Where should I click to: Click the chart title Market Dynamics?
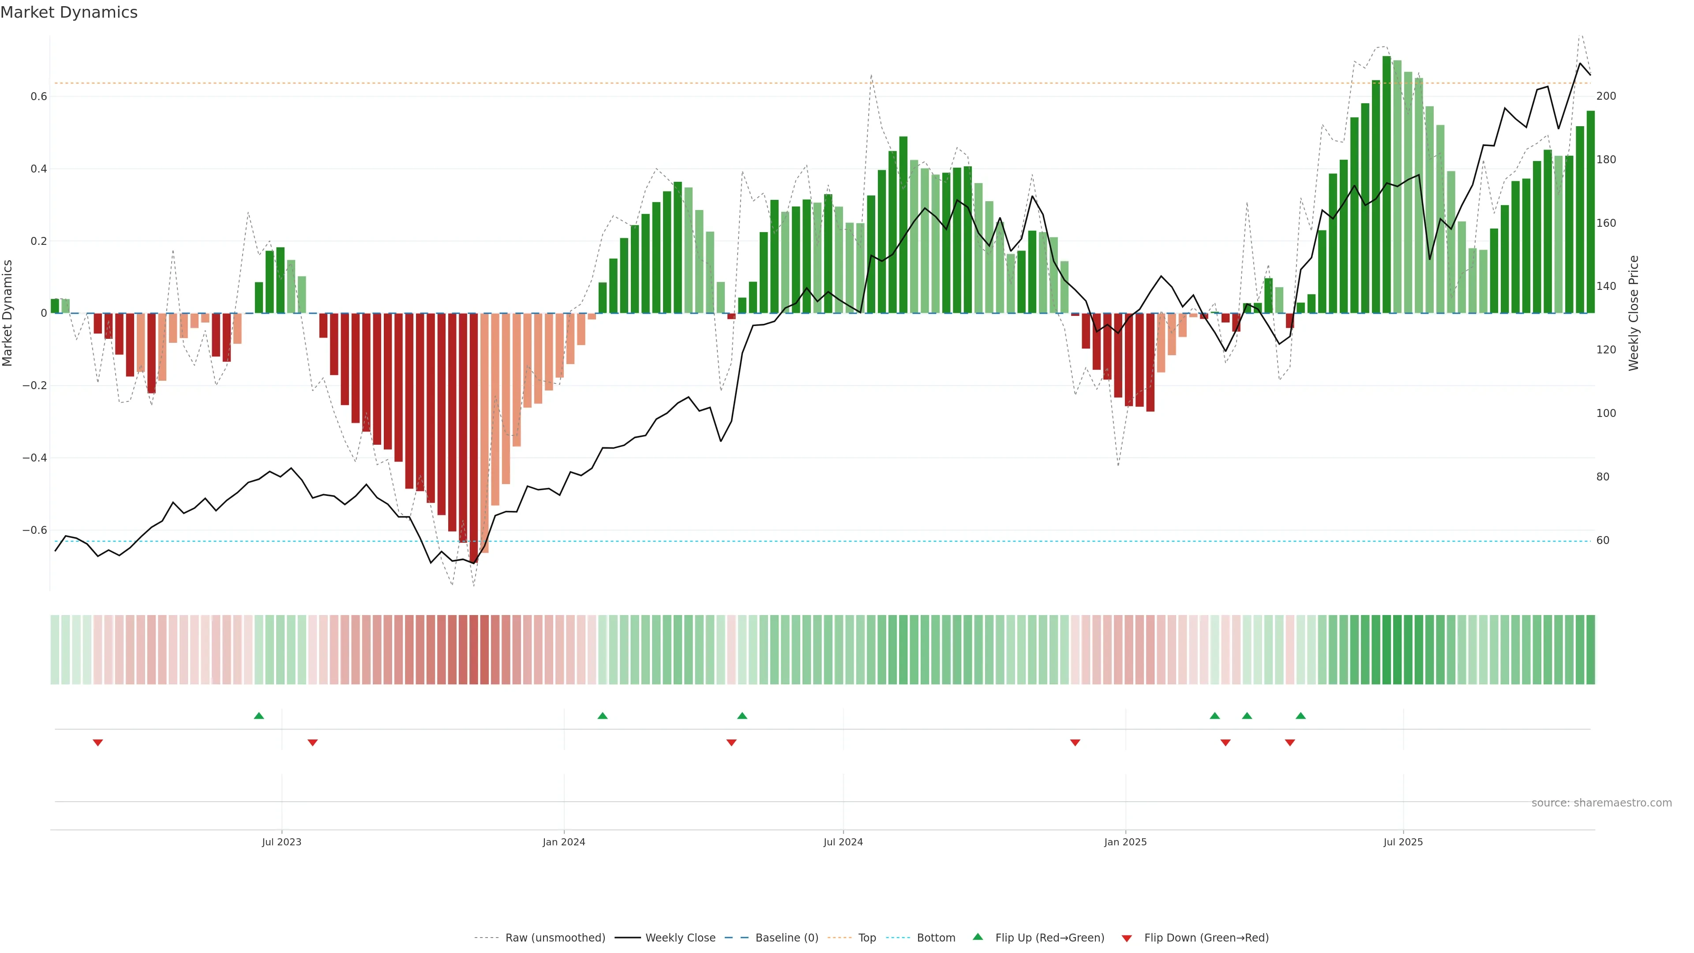point(69,12)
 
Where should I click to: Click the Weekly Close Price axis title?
point(1634,313)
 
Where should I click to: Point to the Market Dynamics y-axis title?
point(8,313)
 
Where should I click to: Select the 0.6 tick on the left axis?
point(39,97)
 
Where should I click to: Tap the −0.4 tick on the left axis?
point(35,458)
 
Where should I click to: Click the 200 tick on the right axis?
point(1606,96)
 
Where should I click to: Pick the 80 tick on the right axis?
point(1603,477)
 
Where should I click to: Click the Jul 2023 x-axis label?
point(281,842)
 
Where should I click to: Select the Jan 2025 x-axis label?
point(1125,842)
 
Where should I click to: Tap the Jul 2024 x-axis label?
point(843,842)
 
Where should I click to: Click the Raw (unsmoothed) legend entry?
point(555,938)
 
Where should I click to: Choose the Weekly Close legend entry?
point(680,938)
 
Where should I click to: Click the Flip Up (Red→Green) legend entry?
point(1049,938)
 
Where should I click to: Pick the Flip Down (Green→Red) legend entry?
point(1205,938)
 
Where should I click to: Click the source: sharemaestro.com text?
point(1601,803)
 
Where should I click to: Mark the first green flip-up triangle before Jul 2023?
point(259,716)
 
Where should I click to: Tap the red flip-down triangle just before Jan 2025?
point(1075,743)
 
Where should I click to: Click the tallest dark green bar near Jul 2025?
point(1386,184)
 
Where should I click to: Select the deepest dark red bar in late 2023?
point(473,437)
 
